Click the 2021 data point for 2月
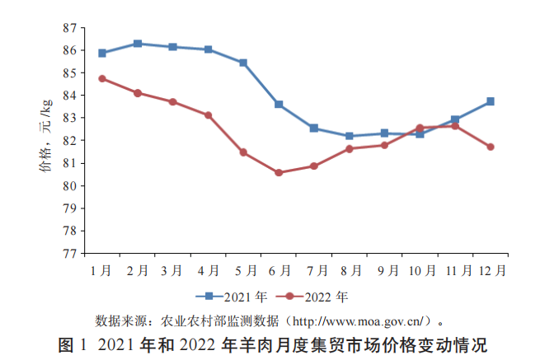point(138,44)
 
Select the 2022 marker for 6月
point(279,173)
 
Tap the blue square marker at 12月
point(491,101)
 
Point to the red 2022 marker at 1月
point(102,78)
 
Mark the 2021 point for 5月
point(243,63)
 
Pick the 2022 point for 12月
point(491,147)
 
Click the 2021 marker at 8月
point(350,136)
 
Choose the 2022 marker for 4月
point(209,115)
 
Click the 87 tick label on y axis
point(69,28)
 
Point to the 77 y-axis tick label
point(69,254)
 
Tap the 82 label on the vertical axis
point(69,141)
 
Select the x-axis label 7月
point(314,269)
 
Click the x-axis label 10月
point(420,269)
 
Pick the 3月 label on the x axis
point(173,269)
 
